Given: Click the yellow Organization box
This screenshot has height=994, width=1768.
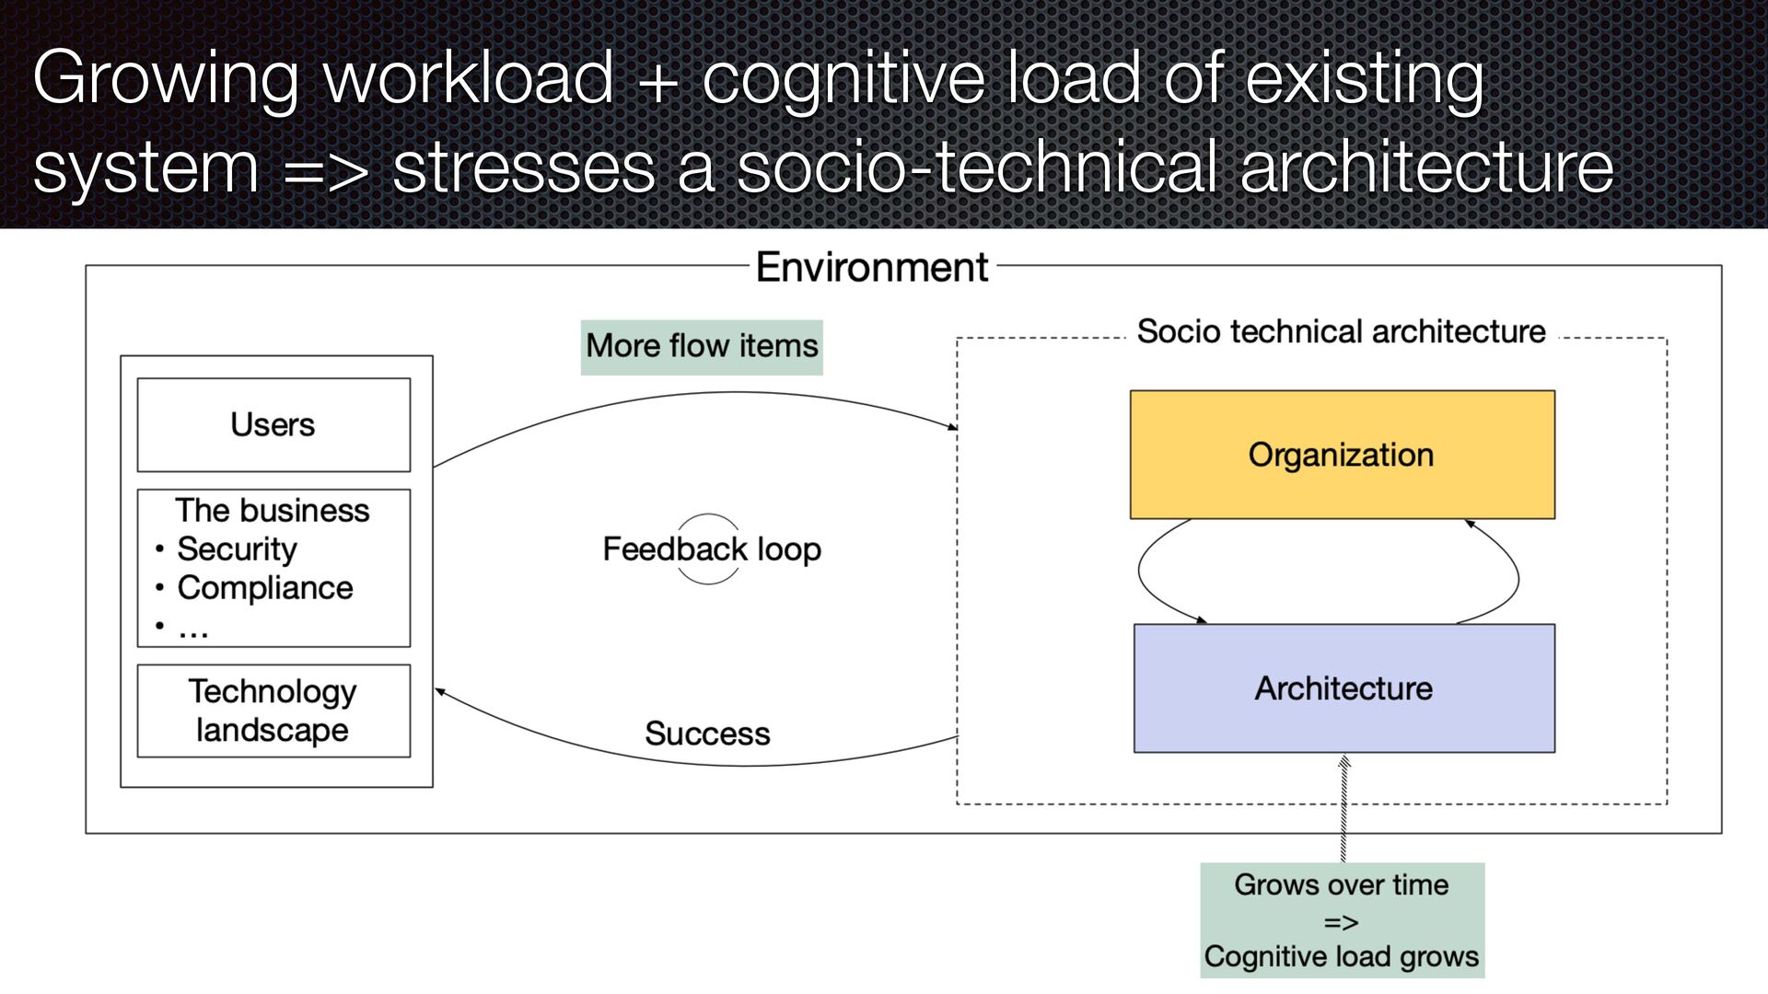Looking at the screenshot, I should click(x=1342, y=455).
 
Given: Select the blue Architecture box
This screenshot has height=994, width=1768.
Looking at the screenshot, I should click(x=1343, y=688).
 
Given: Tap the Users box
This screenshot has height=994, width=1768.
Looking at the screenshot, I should click(x=273, y=425).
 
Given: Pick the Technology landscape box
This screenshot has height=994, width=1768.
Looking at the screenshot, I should click(x=273, y=711).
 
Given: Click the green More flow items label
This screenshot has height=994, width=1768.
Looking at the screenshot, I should click(x=702, y=347).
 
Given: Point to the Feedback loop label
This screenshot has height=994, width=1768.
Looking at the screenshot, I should click(x=711, y=549).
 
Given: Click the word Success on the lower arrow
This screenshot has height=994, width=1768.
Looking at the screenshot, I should click(x=707, y=734).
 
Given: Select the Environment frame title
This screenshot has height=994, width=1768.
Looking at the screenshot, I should click(x=871, y=268).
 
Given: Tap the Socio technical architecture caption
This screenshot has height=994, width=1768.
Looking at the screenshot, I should click(x=1341, y=331).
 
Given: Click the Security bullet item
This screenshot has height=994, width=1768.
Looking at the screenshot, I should click(x=237, y=549).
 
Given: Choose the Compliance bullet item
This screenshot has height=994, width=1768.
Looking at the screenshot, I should click(x=264, y=588).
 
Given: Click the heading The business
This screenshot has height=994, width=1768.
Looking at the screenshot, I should click(x=273, y=511).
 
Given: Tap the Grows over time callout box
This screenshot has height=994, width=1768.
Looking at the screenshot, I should click(x=1342, y=919).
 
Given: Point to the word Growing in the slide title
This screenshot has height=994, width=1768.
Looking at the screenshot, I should click(x=166, y=79).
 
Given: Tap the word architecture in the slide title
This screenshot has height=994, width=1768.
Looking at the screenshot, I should click(x=1426, y=168).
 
